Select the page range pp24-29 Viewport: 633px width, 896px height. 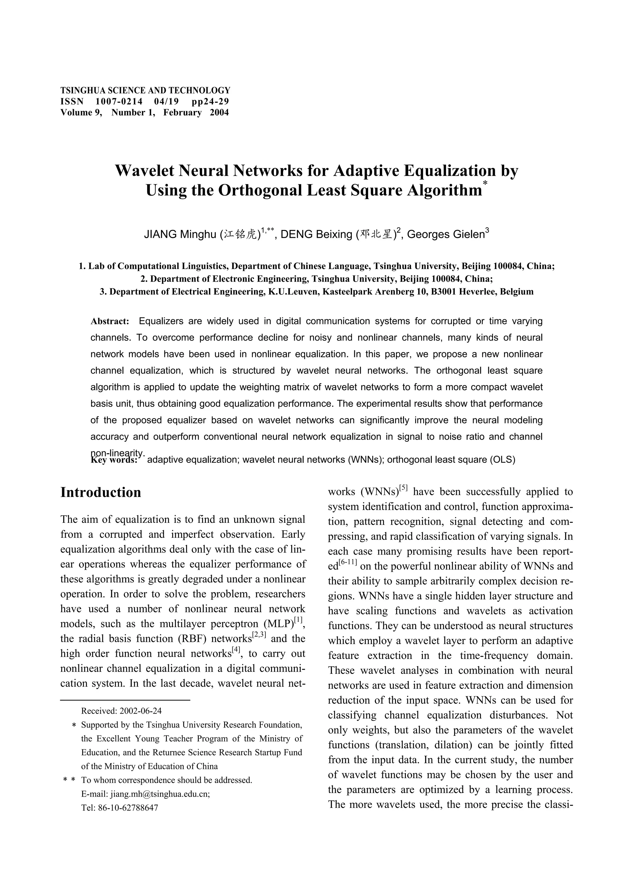pyautogui.click(x=210, y=101)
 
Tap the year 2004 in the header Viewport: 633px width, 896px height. pyautogui.click(x=219, y=113)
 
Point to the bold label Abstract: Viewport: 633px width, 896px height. pyautogui.click(x=110, y=322)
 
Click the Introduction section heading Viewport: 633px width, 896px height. pyautogui.click(x=101, y=493)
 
